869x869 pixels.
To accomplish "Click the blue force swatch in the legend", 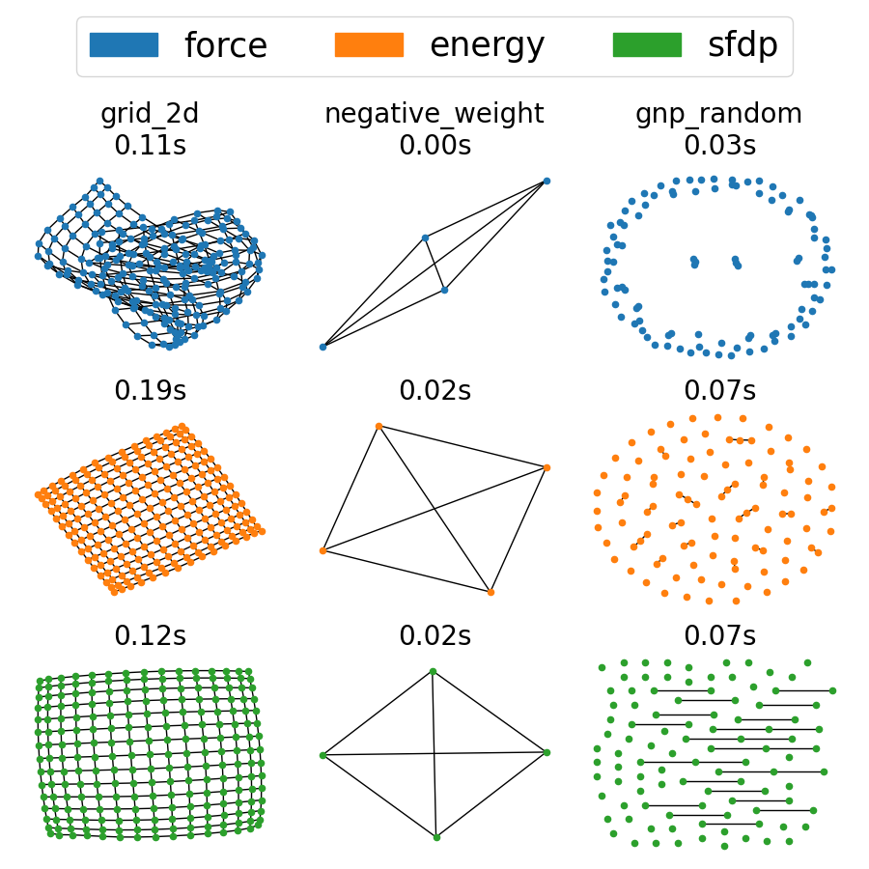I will (x=124, y=45).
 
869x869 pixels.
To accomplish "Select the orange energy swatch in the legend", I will (x=369, y=45).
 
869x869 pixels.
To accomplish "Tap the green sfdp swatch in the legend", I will (x=647, y=45).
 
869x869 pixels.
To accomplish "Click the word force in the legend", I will (x=225, y=45).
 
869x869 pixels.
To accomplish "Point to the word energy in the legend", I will (x=487, y=45).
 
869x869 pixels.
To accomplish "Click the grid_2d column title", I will (x=150, y=114).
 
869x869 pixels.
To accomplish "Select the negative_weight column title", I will (x=434, y=114).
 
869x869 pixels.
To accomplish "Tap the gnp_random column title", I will (x=719, y=114).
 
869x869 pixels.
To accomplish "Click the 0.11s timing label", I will (x=150, y=145).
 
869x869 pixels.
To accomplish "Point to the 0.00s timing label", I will (x=434, y=145).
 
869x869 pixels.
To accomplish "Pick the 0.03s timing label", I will (x=719, y=145).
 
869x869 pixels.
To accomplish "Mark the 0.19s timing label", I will (x=150, y=391).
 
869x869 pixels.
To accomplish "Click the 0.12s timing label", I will (x=150, y=636).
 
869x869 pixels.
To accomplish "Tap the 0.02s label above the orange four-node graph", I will (x=434, y=391).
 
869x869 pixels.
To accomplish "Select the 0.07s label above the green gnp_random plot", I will (x=719, y=636).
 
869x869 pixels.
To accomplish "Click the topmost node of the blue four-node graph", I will (x=547, y=181).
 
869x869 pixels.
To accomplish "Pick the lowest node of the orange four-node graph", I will (x=491, y=592).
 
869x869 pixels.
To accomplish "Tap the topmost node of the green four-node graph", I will (x=433, y=671).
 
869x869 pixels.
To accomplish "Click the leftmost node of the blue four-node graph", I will (x=322, y=347).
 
